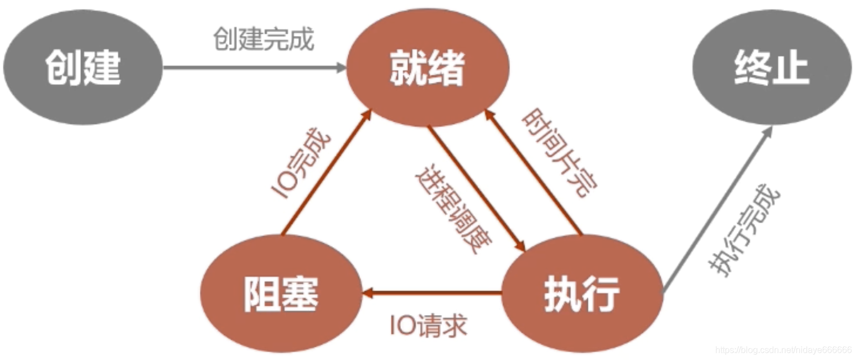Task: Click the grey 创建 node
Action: tap(83, 69)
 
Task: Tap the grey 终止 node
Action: tap(772, 69)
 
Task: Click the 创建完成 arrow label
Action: tap(264, 39)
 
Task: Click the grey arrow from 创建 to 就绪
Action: tap(255, 68)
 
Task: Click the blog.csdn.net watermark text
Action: tap(783, 350)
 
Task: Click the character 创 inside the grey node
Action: tap(63, 69)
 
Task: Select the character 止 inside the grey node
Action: tap(791, 69)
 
